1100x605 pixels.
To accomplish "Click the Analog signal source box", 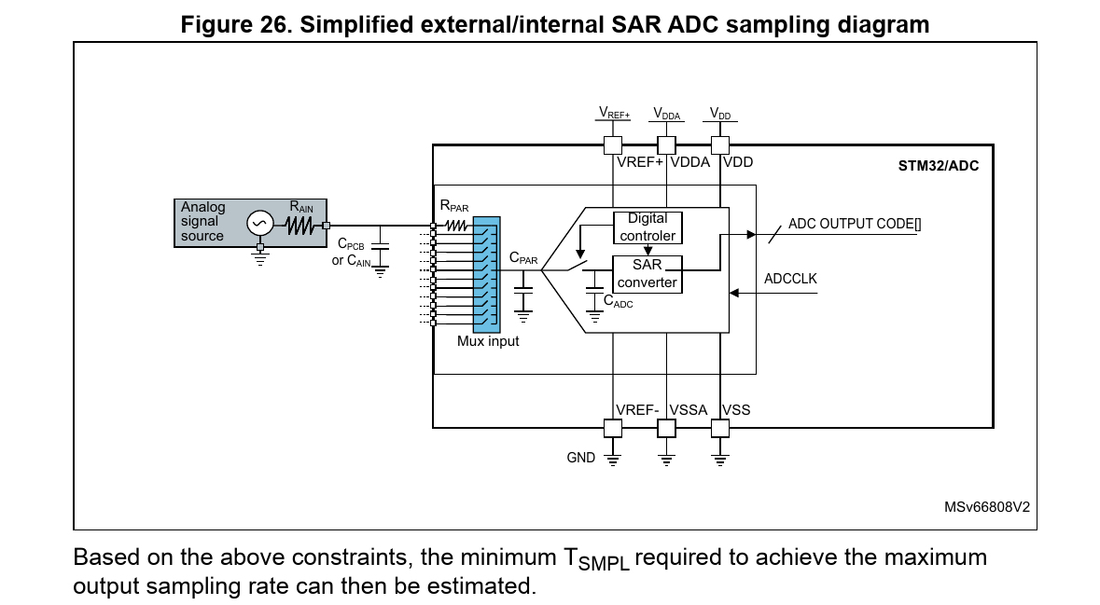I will pos(203,222).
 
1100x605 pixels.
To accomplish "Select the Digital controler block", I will pos(647,227).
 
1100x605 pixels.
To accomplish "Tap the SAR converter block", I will pos(647,274).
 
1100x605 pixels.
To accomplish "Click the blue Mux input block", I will pos(486,274).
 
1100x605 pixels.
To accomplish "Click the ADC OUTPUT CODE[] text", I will pos(855,224).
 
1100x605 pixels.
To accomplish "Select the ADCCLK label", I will pos(790,279).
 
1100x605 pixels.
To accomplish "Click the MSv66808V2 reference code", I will pos(986,508).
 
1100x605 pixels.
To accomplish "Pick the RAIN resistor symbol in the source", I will pos(300,225).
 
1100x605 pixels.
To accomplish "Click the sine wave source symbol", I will pos(259,224).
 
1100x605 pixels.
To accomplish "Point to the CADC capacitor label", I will pos(618,301).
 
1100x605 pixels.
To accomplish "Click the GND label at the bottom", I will pos(580,458).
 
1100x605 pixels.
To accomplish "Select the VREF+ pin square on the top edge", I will pos(613,144).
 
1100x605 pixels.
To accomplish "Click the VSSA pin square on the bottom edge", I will pos(666,428).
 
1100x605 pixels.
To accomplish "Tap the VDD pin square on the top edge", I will pos(720,144).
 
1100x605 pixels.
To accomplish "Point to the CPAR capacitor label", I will pos(522,259).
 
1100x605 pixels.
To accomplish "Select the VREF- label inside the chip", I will pos(637,410).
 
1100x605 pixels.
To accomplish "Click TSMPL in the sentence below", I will pos(596,559).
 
